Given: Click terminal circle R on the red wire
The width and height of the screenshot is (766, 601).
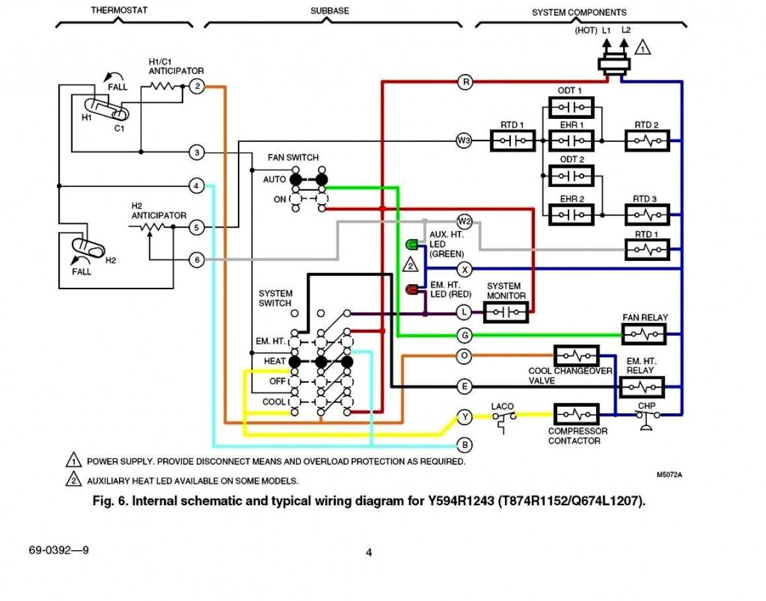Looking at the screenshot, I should click(465, 83).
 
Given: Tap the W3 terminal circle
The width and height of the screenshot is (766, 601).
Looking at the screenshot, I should click(464, 140).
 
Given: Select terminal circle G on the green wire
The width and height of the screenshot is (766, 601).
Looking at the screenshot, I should click(465, 336).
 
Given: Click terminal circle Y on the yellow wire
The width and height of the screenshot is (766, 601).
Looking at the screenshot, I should click(465, 417).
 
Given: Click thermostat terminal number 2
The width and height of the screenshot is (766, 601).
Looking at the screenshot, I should click(196, 87).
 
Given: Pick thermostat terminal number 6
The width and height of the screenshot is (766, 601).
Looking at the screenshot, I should click(196, 260).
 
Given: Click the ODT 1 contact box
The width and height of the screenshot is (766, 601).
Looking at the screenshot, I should click(570, 107).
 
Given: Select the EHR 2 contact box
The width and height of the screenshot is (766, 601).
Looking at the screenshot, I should click(570, 214).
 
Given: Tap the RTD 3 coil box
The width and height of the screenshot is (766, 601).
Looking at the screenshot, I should click(647, 214).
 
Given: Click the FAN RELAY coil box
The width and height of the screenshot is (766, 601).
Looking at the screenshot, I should click(644, 335).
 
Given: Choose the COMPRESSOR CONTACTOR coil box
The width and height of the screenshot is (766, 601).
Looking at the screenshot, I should click(576, 414).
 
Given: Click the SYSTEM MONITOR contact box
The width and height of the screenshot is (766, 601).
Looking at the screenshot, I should click(506, 312).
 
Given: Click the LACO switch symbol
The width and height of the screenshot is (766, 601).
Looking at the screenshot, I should click(504, 419).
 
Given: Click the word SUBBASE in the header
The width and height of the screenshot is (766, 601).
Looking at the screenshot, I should click(330, 11).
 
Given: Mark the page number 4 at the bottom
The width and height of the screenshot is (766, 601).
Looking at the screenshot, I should click(369, 553).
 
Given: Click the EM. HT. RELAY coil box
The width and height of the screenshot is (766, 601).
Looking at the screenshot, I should click(640, 386).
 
